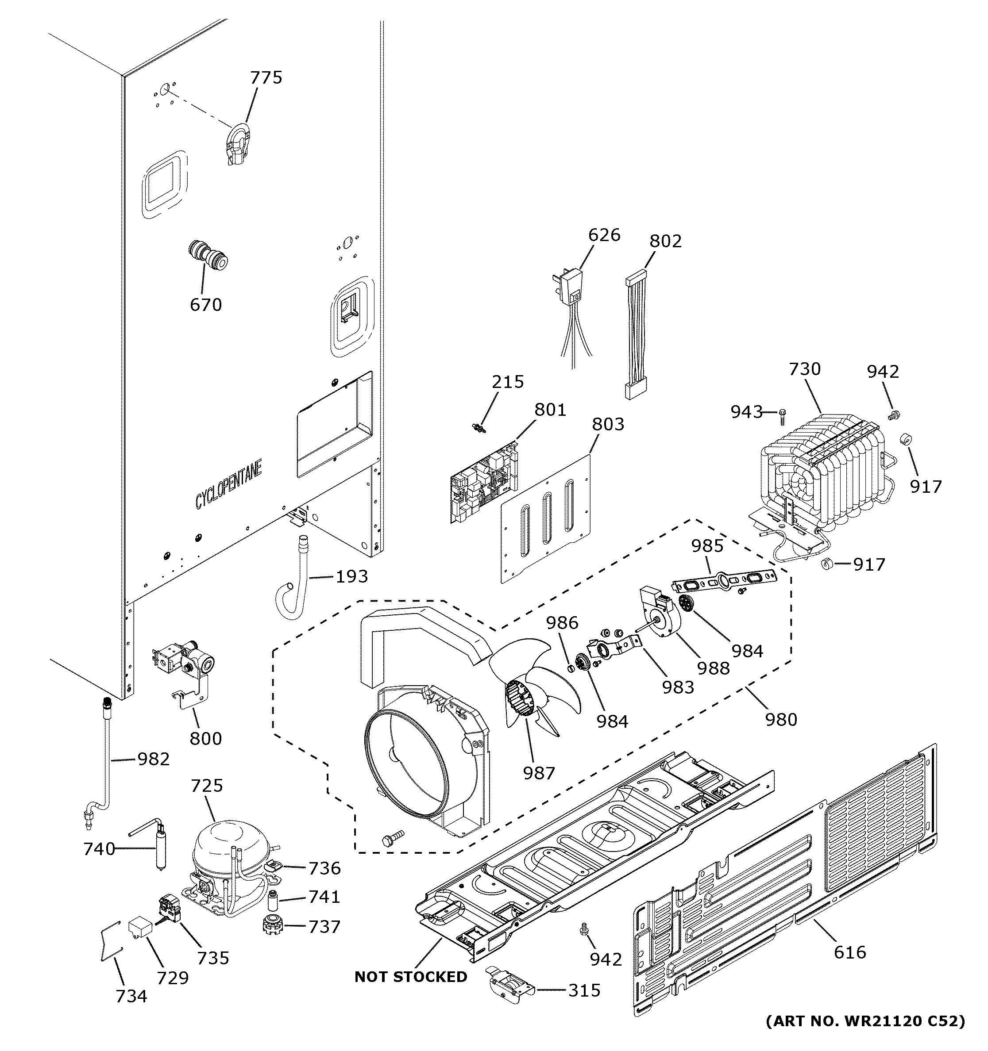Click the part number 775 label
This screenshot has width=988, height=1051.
(x=266, y=78)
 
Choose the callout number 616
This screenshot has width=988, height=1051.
(x=849, y=951)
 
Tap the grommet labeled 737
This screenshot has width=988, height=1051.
(x=274, y=925)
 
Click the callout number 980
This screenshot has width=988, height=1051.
(x=781, y=719)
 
